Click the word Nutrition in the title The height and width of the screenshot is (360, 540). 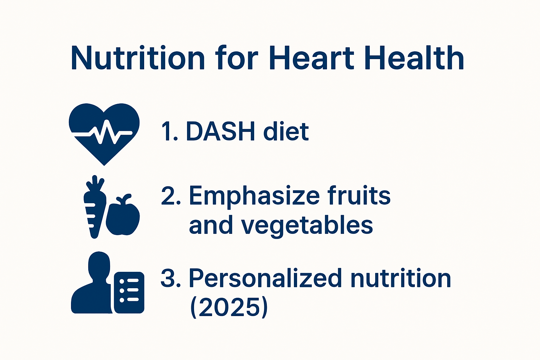137,58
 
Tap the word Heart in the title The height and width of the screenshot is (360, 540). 311,58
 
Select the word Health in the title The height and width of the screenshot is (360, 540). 415,58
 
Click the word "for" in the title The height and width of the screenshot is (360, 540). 237,58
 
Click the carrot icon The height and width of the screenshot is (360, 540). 94,207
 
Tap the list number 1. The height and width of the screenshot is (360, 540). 169,132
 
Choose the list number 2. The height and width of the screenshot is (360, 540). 171,196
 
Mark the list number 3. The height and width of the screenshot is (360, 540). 171,278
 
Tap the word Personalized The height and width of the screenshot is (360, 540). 265,278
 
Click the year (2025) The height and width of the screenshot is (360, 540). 229,307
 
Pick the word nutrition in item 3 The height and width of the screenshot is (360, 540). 401,278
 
